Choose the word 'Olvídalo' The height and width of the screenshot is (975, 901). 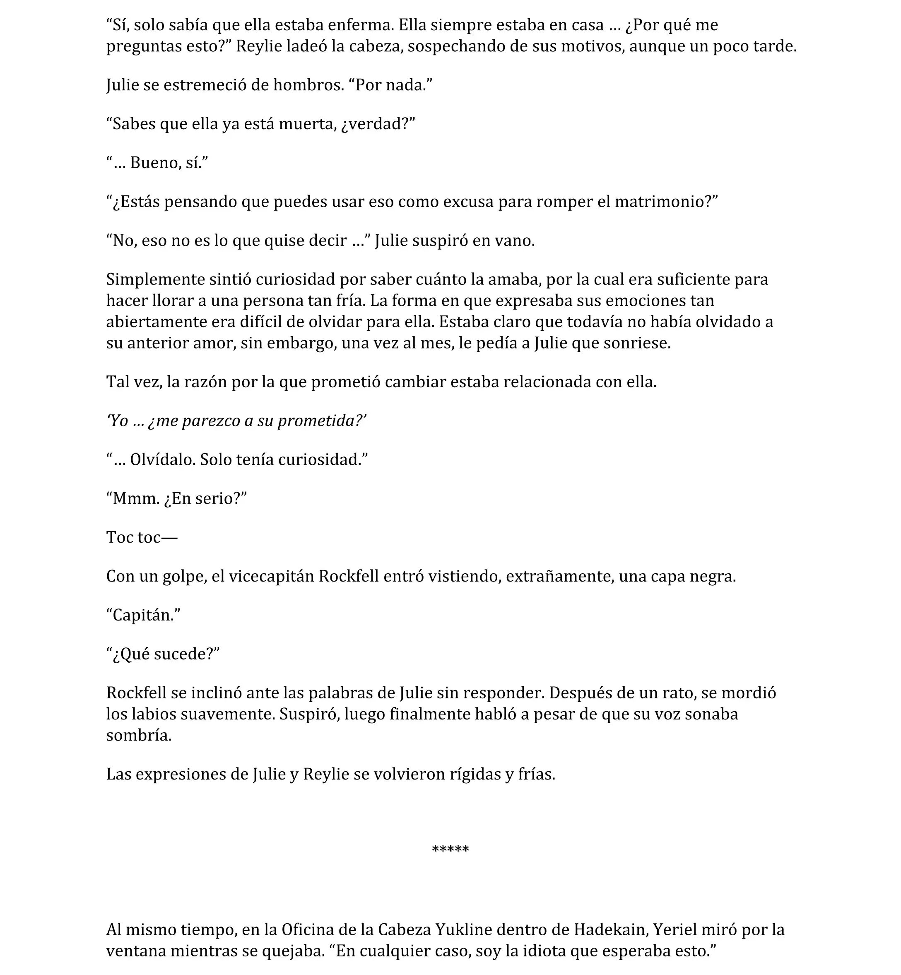click(162, 459)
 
